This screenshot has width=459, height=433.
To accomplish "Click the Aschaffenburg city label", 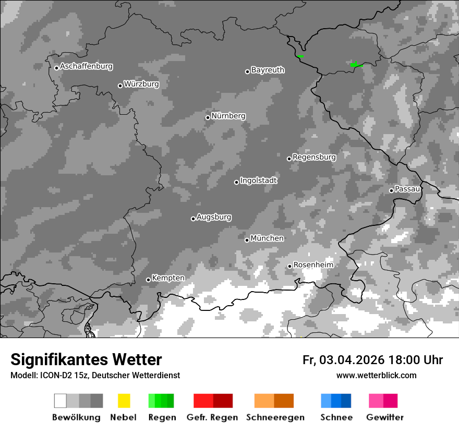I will coord(86,66).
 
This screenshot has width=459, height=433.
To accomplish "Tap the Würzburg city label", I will coord(141,84).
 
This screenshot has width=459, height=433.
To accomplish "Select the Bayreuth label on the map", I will coord(268,70).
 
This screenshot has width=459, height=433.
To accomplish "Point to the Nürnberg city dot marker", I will coord(208,117).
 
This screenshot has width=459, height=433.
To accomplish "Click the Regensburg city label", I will coord(314,157).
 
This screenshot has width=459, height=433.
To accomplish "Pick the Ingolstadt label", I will coord(258,181).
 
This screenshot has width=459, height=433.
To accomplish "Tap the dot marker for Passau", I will coord(391,190).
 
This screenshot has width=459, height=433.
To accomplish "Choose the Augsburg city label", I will coord(214,217).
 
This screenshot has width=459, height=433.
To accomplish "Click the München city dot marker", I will coord(247,240).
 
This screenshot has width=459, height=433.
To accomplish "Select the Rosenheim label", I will coord(313,265).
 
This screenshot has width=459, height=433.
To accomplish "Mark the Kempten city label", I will coord(168,278).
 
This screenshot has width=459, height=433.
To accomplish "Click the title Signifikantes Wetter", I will coord(86,359).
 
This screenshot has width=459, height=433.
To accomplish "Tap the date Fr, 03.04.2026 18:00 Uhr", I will coord(372,360).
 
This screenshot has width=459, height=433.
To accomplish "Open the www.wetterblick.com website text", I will coord(376,375).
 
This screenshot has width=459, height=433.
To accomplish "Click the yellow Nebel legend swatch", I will coord(124,401).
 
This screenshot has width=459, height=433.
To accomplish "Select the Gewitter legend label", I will coord(384,417).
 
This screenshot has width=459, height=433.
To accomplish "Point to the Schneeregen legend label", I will coord(275,417).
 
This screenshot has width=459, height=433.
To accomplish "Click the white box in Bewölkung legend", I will coord(60,401).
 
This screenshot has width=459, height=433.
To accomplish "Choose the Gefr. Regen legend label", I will coord(212,417).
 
